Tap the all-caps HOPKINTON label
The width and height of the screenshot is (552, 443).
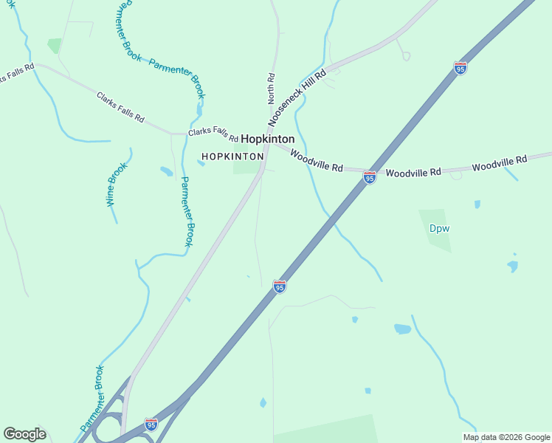click(x=232, y=157)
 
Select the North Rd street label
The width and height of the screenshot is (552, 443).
click(x=271, y=87)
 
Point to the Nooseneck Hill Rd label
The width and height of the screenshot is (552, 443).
click(x=297, y=96)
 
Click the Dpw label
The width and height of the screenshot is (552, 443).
click(x=439, y=228)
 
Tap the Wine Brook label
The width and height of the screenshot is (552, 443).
click(x=117, y=183)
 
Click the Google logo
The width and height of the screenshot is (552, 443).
click(x=24, y=433)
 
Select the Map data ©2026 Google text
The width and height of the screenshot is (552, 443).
click(x=506, y=437)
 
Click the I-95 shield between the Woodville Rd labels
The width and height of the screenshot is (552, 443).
click(x=370, y=177)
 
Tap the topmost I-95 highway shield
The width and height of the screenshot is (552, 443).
click(x=460, y=68)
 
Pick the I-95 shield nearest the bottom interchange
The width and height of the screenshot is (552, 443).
click(x=151, y=424)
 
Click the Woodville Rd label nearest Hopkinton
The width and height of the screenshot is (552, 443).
click(x=317, y=161)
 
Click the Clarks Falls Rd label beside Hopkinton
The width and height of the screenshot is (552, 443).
click(x=213, y=134)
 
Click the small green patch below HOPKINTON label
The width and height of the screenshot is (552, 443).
click(x=246, y=168)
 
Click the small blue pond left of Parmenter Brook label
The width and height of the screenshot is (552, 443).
click(x=166, y=171)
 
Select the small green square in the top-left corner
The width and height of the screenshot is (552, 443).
click(x=55, y=46)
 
